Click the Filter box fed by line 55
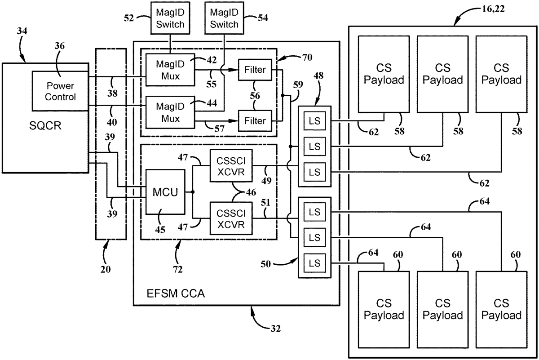point(255,70)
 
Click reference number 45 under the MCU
point(159,229)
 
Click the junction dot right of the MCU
point(192,192)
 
